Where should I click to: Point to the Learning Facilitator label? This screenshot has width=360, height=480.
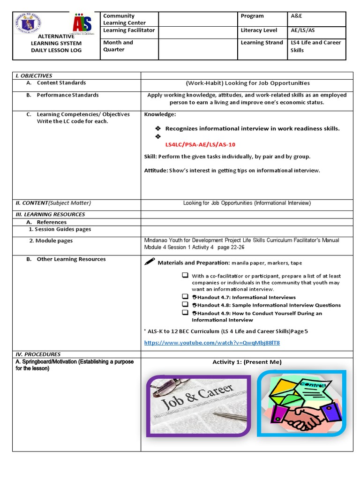(x=129, y=30)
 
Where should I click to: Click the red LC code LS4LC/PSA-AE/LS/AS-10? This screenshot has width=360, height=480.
(x=200, y=144)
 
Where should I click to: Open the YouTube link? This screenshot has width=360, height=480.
(x=212, y=343)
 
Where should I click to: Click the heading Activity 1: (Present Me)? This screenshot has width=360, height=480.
(x=247, y=362)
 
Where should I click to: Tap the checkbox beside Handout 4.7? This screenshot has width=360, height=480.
(x=185, y=297)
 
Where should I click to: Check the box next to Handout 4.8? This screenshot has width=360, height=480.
(x=185, y=305)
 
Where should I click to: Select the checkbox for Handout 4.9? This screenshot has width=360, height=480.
(x=185, y=313)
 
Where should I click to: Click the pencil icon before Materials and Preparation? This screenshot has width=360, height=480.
(x=150, y=262)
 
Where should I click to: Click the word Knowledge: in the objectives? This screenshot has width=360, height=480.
(x=160, y=114)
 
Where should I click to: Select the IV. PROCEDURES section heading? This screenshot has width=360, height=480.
(x=38, y=354)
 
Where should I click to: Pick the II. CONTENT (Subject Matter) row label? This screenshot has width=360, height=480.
(x=53, y=203)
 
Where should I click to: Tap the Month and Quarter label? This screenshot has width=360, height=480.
(x=118, y=46)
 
